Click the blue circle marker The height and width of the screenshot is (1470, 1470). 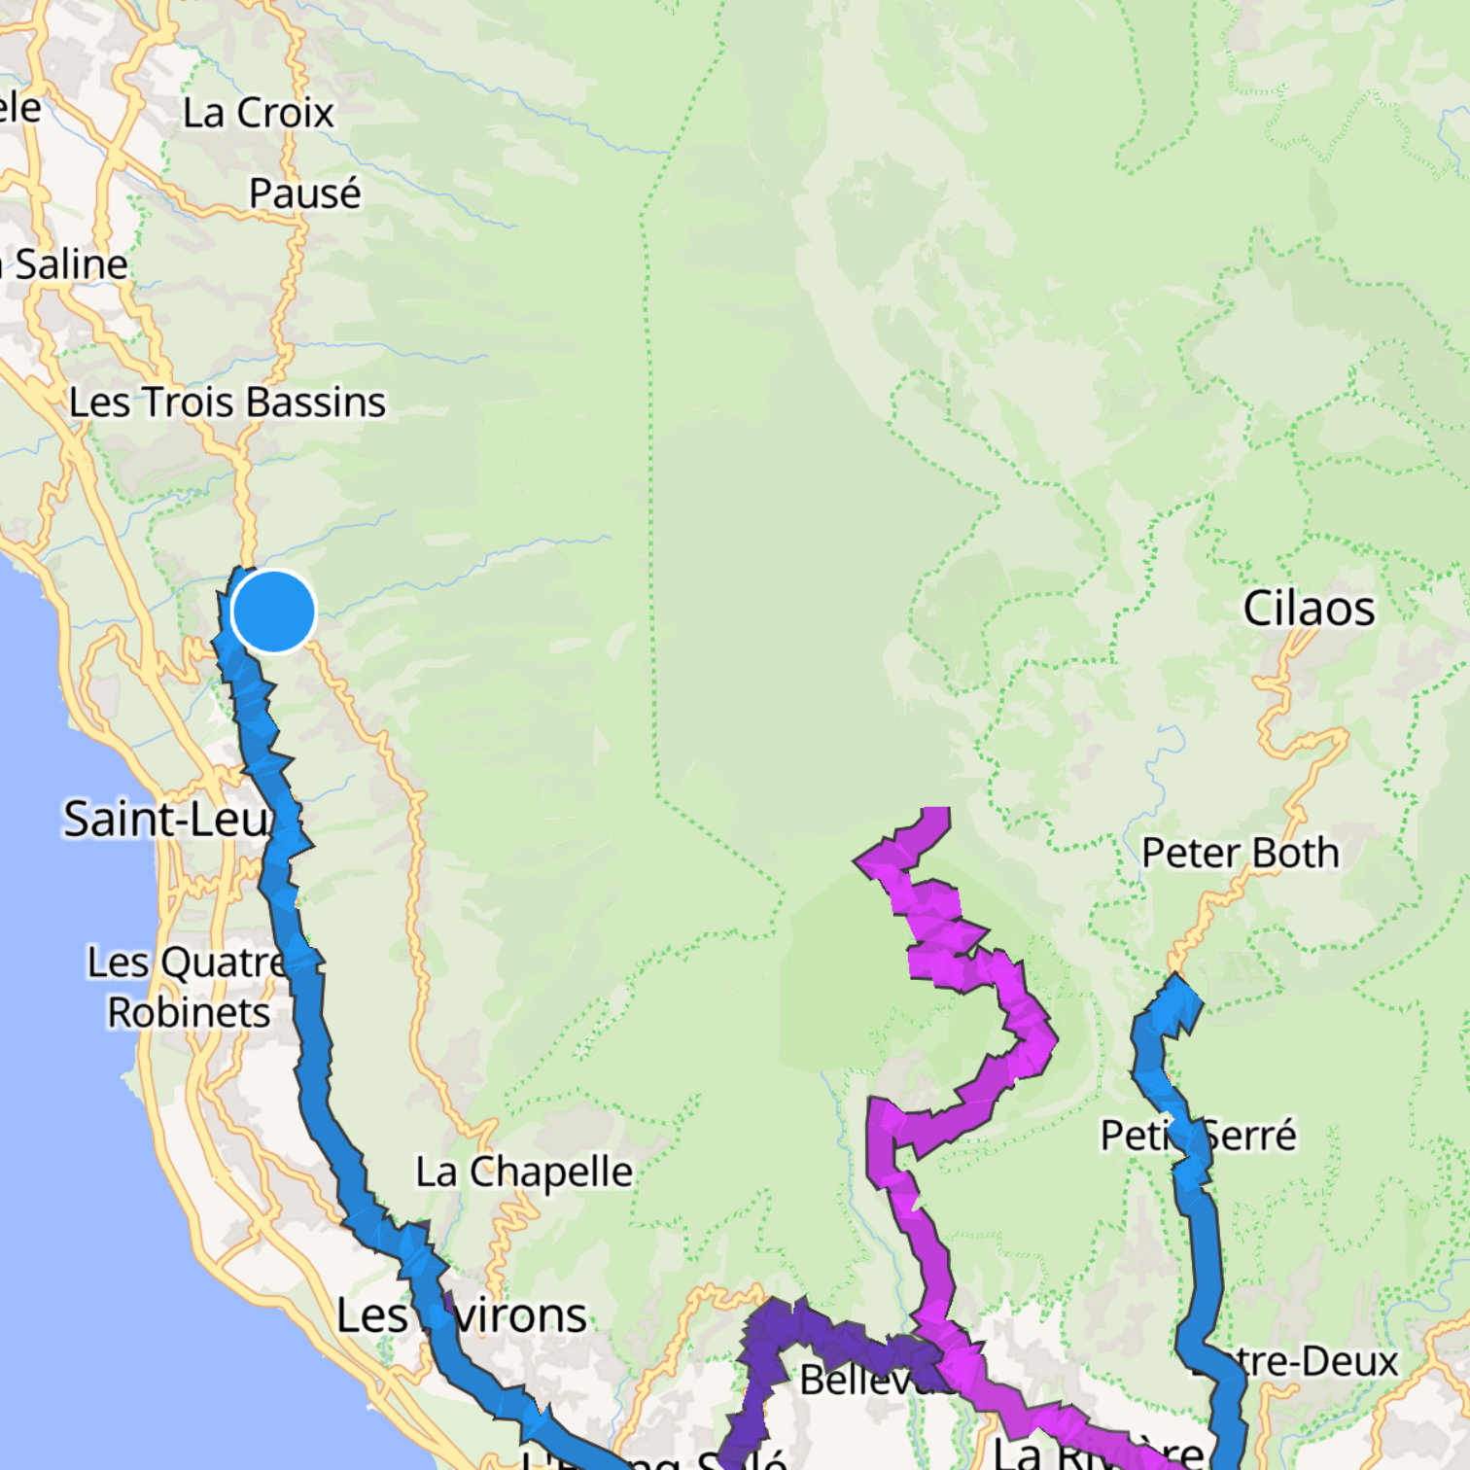274,612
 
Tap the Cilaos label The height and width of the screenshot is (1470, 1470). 1309,609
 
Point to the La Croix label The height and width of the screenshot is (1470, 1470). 258,113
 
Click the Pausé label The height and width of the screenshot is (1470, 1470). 304,192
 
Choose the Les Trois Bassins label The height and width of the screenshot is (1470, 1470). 227,402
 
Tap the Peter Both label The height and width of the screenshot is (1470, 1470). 1240,853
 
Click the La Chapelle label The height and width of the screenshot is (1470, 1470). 524,1172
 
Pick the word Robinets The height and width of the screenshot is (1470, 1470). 189,1012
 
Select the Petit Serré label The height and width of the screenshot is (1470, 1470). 1198,1135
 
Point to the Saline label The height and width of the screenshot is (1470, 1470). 70,264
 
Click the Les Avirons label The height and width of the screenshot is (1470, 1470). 461,1315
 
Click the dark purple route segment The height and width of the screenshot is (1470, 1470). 778,1342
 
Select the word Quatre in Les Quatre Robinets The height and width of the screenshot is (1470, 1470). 223,962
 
